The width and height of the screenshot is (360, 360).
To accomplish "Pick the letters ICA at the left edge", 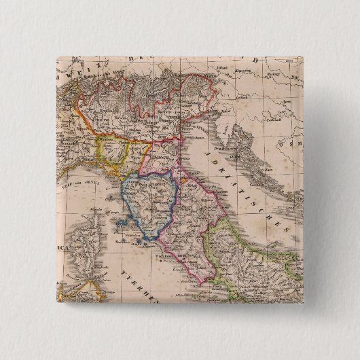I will pyautogui.click(x=62, y=249).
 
